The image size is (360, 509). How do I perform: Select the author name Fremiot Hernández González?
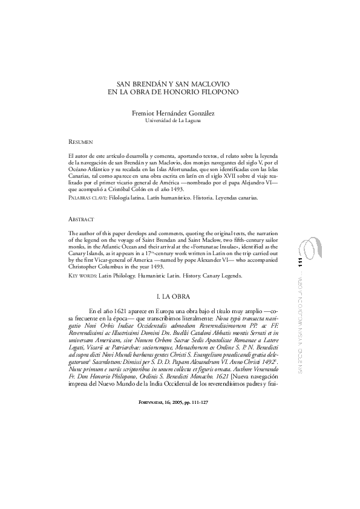point(172,113)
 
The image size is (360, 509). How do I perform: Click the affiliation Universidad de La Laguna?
point(173,120)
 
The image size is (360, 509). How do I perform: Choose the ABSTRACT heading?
point(81,218)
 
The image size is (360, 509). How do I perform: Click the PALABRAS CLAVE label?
point(88,198)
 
